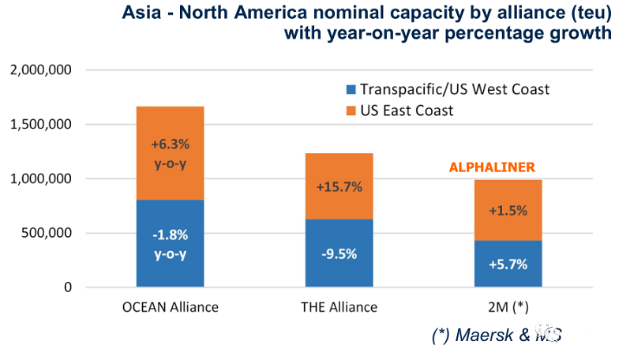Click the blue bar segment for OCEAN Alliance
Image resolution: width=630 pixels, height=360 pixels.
click(170, 243)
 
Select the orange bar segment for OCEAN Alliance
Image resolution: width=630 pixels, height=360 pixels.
click(170, 152)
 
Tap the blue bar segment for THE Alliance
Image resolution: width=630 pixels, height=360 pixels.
click(339, 253)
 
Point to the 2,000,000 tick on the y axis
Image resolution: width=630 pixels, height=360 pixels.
click(41, 70)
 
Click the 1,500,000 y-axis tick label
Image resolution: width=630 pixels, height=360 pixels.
click(41, 125)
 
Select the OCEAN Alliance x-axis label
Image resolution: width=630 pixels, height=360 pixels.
click(170, 307)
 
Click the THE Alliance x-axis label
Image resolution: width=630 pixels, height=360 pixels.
click(339, 307)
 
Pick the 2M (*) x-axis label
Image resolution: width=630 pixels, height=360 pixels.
click(508, 307)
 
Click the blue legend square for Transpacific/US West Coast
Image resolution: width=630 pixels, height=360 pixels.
click(352, 89)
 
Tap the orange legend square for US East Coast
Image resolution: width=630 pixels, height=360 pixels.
click(352, 111)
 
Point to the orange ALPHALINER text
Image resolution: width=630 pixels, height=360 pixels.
click(493, 167)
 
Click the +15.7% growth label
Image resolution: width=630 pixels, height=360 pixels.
click(339, 187)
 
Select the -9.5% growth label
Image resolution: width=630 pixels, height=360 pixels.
click(339, 253)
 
